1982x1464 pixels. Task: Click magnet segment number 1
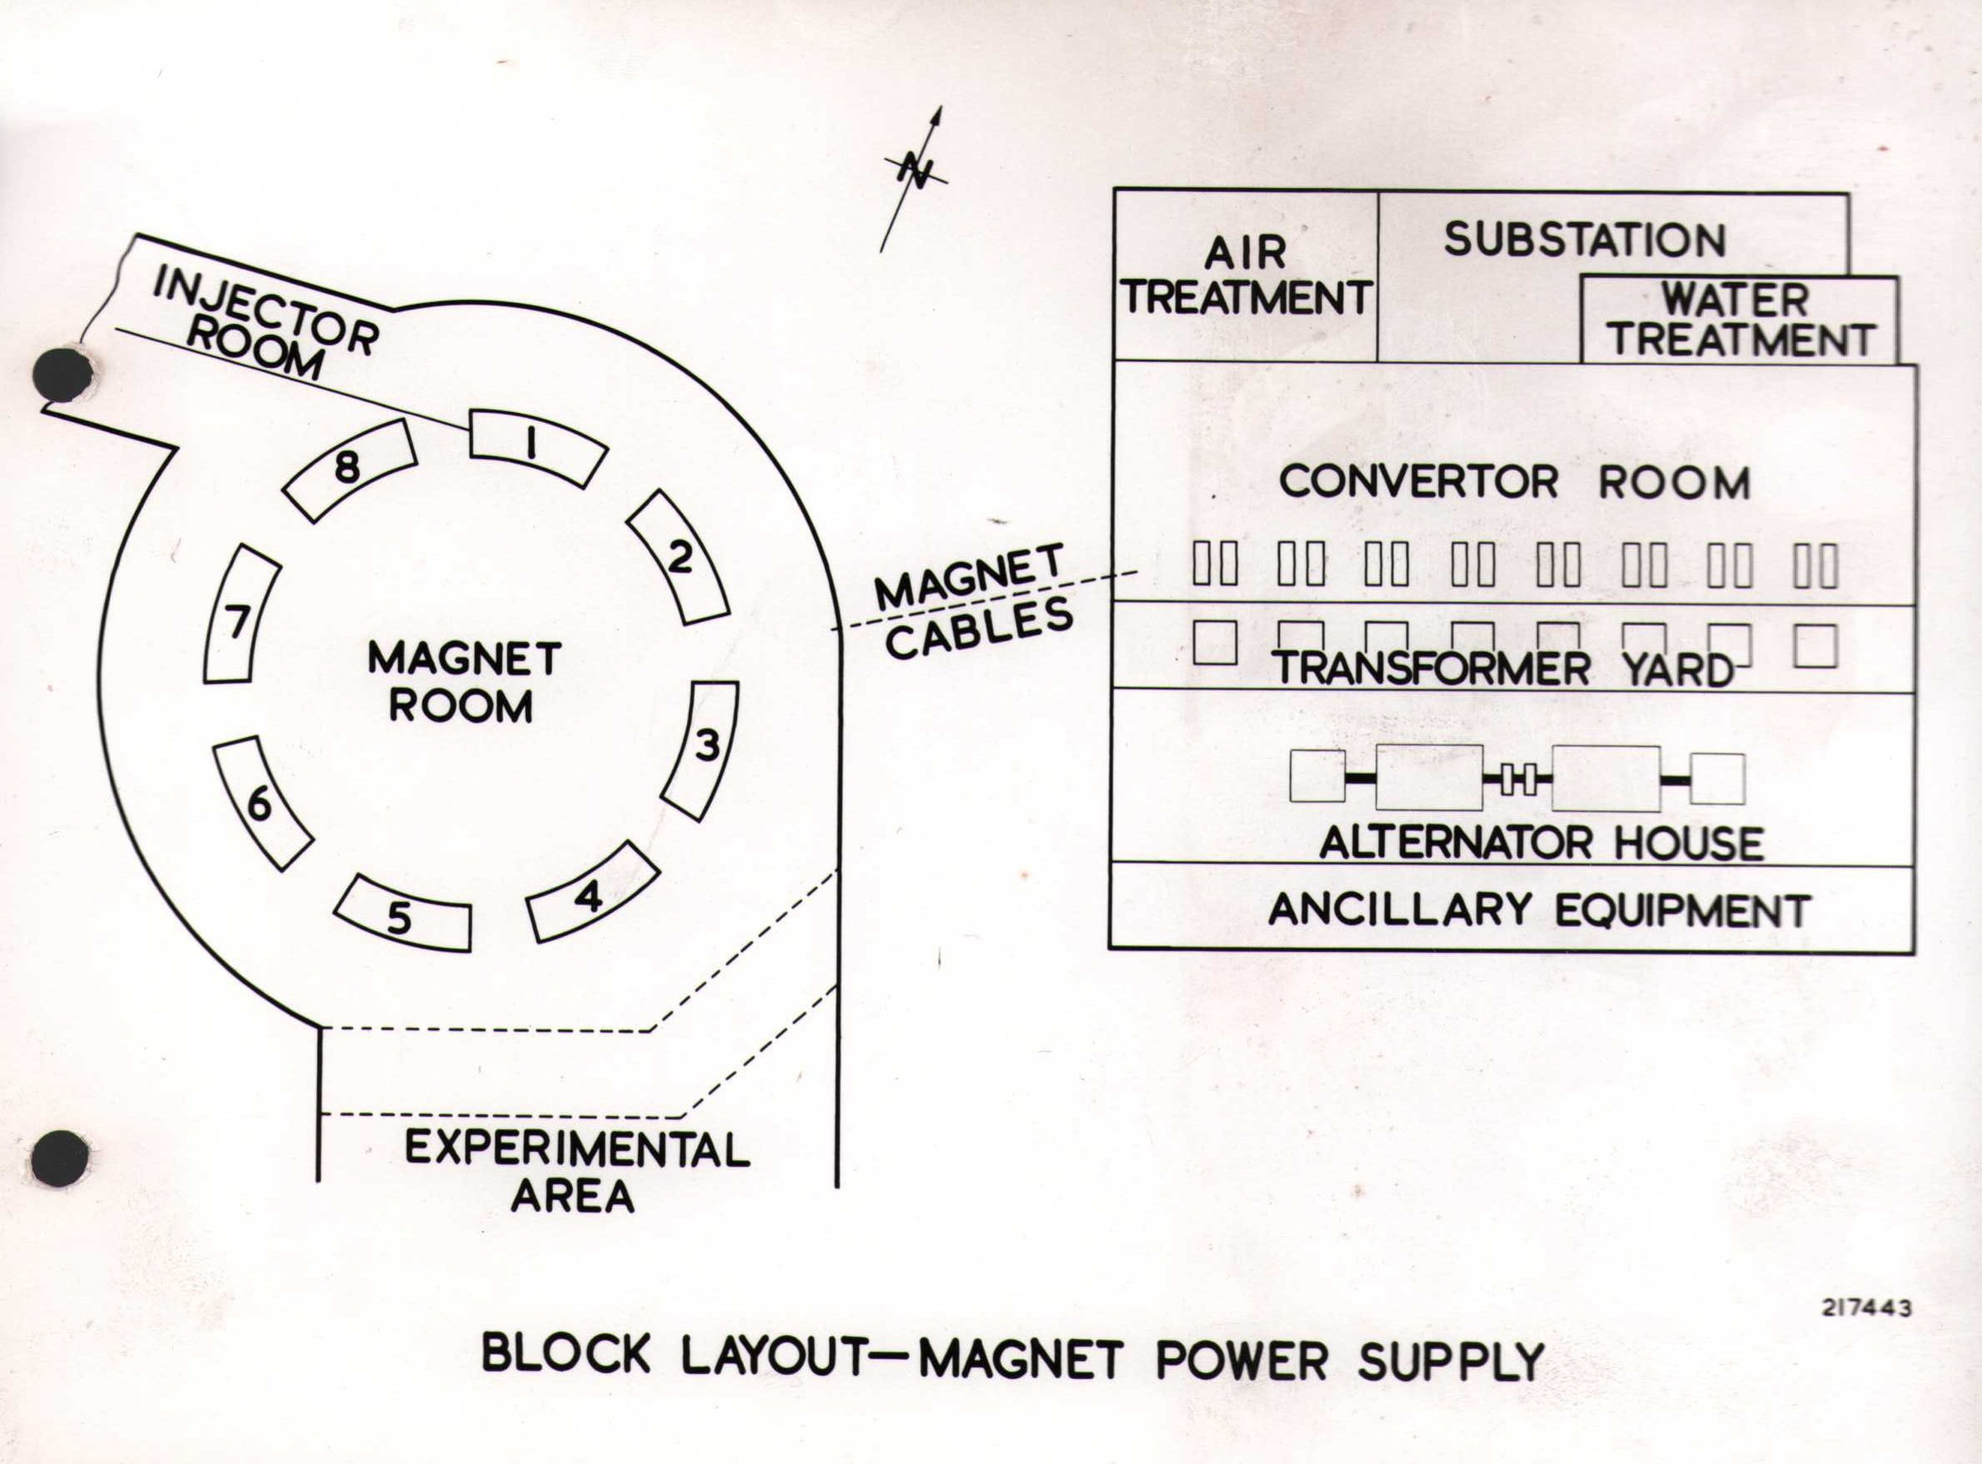(x=535, y=446)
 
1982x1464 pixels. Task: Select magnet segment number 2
(x=679, y=558)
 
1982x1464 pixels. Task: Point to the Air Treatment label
(x=1245, y=276)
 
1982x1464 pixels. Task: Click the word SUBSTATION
(x=1585, y=239)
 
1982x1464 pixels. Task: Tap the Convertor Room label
(x=1514, y=483)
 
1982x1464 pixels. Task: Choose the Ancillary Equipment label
(x=1536, y=909)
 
